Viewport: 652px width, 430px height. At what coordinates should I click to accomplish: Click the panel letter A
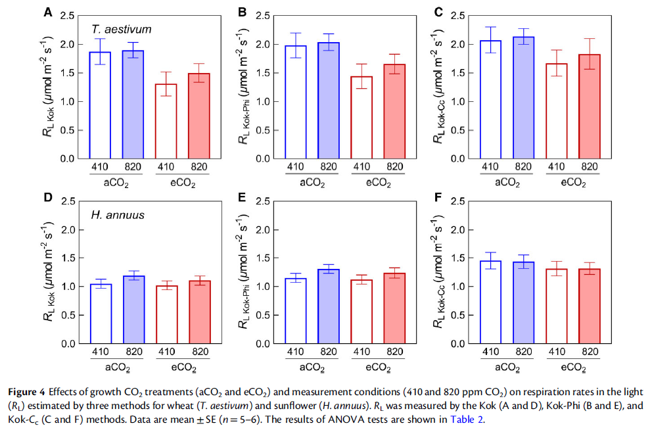48,12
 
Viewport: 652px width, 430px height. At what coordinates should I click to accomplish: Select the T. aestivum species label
122,29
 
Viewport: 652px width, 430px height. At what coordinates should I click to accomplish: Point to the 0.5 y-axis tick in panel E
264,315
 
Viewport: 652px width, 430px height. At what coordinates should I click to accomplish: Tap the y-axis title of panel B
244,85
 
